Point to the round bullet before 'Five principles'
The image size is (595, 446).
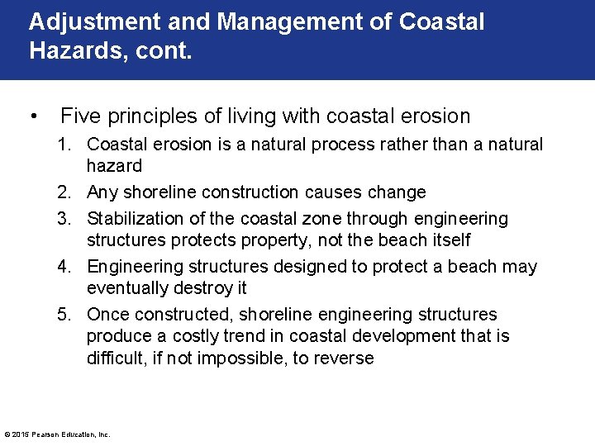pos(34,116)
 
